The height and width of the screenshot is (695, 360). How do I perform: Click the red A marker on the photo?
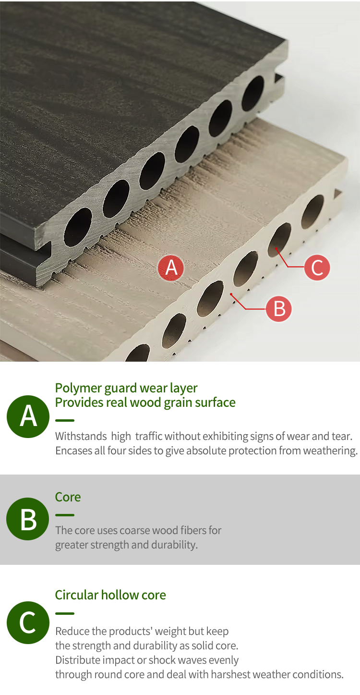[x=171, y=268]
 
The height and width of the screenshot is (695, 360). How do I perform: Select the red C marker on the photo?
[x=317, y=268]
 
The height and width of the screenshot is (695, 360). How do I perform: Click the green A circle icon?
[x=28, y=416]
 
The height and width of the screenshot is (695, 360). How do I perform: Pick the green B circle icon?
[x=28, y=519]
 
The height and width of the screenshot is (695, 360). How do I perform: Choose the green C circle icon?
[x=28, y=622]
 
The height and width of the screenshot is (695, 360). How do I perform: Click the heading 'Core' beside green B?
[x=68, y=497]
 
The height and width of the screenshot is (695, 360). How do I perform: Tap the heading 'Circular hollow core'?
[x=110, y=595]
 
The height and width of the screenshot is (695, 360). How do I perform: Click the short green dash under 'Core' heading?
[x=65, y=515]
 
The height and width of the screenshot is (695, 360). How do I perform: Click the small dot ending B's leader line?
[x=231, y=294]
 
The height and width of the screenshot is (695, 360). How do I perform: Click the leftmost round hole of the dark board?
[x=78, y=227]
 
